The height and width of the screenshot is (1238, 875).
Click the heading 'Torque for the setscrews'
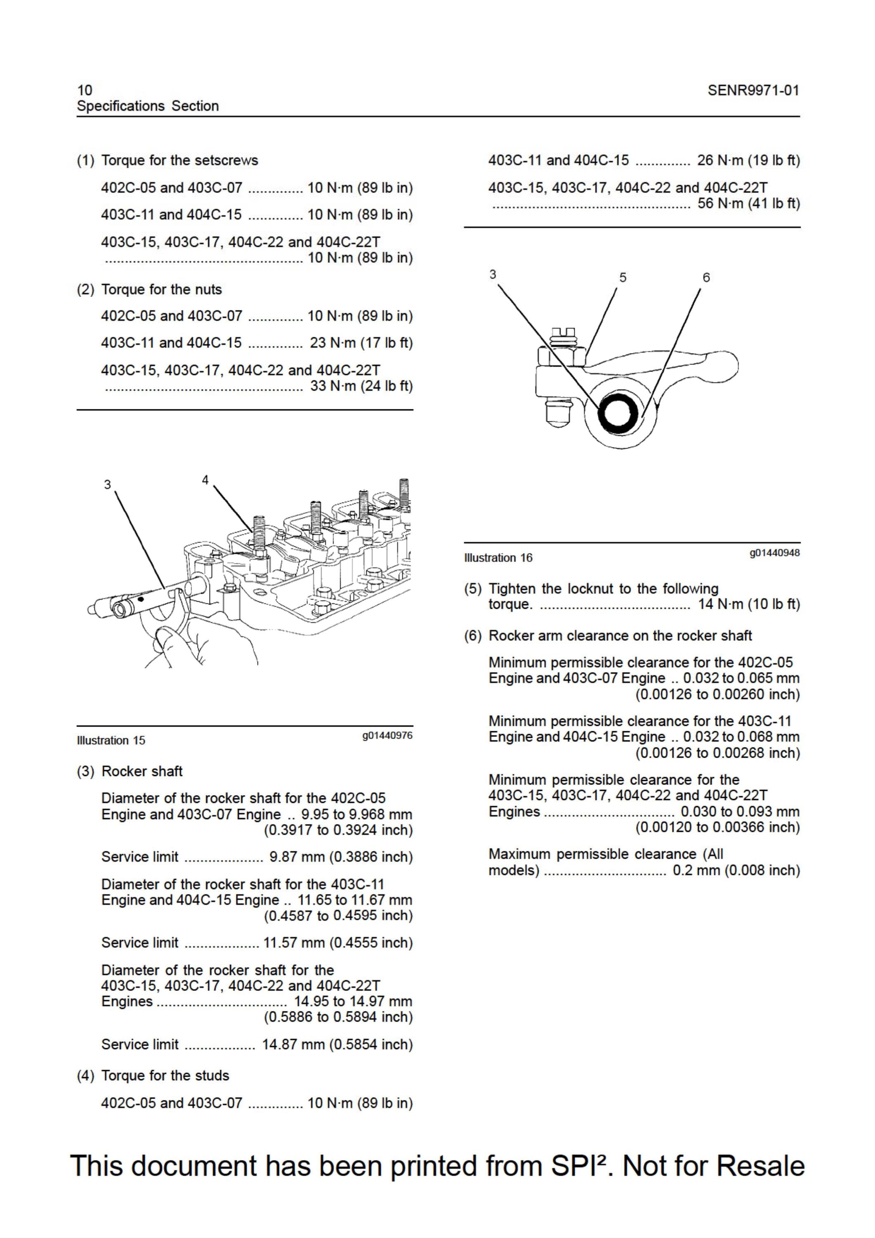point(179,160)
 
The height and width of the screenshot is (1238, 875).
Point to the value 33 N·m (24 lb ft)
point(361,386)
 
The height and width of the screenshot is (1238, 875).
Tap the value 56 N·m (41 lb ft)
point(749,203)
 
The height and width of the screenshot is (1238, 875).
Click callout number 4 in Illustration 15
point(205,480)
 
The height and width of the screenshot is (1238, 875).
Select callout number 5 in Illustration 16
point(623,278)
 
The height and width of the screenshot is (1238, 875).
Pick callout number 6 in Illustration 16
point(706,278)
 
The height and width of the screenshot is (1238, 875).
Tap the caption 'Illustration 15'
point(111,740)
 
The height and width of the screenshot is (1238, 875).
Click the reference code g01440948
point(775,553)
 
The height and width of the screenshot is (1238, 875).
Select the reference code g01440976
point(388,735)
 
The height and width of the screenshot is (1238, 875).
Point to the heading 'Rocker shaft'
point(142,771)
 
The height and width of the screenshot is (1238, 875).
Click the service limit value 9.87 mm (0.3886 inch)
point(341,857)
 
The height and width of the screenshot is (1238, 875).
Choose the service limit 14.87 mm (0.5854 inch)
point(337,1044)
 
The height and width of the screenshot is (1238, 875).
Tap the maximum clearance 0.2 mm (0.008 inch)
point(736,870)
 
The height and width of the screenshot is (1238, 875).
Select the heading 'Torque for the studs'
point(165,1076)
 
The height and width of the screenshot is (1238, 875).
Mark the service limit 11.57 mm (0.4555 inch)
point(338,943)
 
